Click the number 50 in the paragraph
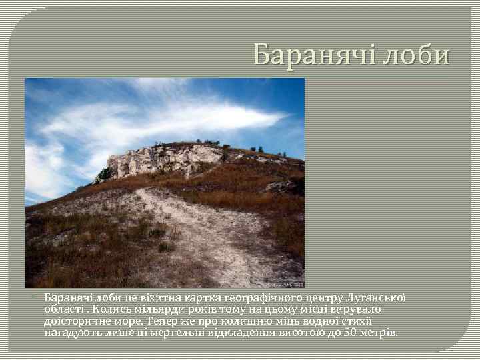350,331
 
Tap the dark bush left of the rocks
105,175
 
